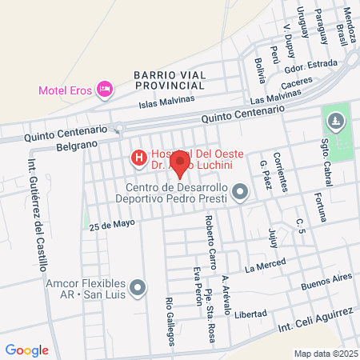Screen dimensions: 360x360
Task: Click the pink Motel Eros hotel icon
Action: coord(104,89)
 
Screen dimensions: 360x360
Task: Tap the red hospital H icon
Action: coord(138,158)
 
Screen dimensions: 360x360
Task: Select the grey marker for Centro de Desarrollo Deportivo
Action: coord(241,192)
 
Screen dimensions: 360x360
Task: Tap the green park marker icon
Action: coord(334,122)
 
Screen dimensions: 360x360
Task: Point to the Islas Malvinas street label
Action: coord(166,101)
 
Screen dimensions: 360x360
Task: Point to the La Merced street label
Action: coord(265,266)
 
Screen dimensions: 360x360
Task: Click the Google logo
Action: coord(26,350)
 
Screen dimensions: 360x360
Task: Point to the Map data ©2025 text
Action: coord(326,354)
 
